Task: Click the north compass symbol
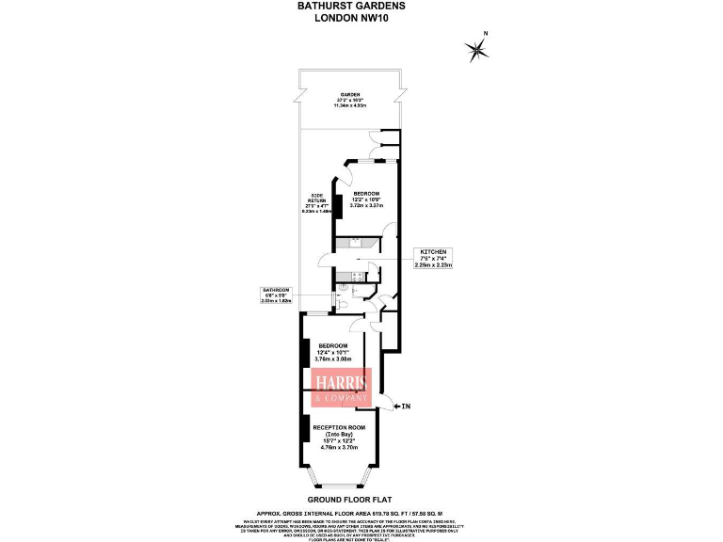pos(477,49)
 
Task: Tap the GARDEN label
pos(352,99)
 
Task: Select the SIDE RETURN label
pos(318,203)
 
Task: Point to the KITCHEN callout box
pos(433,260)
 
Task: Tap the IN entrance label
pos(406,406)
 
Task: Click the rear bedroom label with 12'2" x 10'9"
pos(366,199)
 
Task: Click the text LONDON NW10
pos(353,17)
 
